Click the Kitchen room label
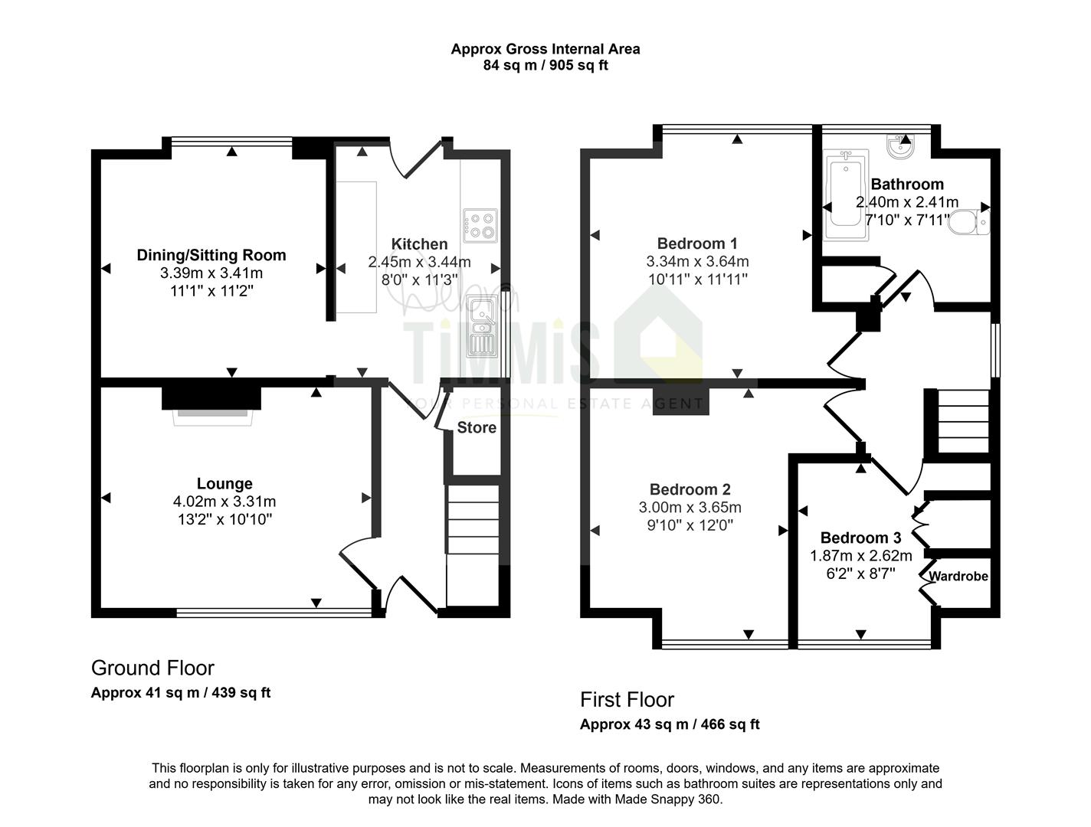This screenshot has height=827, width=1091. [x=419, y=244]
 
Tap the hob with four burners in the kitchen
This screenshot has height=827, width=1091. [x=480, y=225]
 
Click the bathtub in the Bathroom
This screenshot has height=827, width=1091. [x=846, y=195]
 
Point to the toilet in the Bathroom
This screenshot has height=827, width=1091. [x=968, y=221]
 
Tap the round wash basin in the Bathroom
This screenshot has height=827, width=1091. [x=899, y=147]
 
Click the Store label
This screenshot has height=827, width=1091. [x=476, y=427]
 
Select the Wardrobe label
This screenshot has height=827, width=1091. [x=958, y=576]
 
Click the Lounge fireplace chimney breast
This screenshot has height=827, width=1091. [x=211, y=398]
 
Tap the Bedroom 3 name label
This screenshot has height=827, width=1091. [x=860, y=538]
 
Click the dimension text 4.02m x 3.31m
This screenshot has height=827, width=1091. [x=224, y=502]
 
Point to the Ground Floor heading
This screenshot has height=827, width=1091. [x=152, y=668]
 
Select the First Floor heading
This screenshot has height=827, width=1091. [x=627, y=700]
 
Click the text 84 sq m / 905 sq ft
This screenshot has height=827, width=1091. [x=545, y=65]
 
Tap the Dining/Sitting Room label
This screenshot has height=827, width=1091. [x=211, y=255]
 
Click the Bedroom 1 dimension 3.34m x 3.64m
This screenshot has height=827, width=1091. [x=697, y=261]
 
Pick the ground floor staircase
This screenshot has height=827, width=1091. [x=473, y=545]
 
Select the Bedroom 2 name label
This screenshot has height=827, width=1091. [x=690, y=489]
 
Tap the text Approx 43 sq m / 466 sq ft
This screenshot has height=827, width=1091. [x=670, y=724]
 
